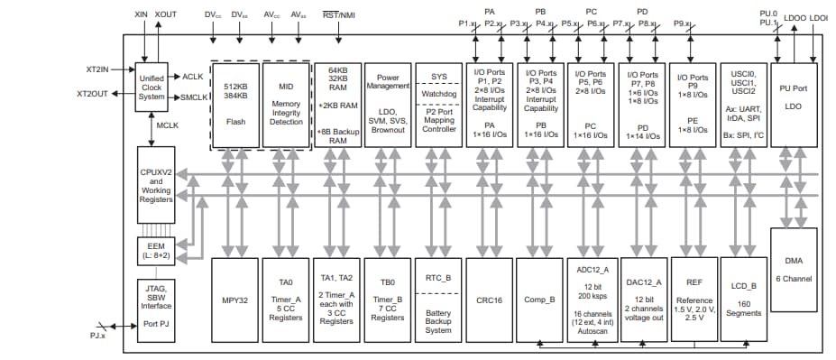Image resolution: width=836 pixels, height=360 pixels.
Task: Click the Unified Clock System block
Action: pyautogui.click(x=152, y=88)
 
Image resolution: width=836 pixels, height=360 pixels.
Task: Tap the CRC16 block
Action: pyautogui.click(x=489, y=299)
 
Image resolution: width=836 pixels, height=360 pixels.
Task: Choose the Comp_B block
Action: pyautogui.click(x=539, y=299)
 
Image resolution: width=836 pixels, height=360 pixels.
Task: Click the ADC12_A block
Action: pyautogui.click(x=592, y=299)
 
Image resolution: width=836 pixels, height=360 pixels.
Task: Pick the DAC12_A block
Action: pyautogui.click(x=643, y=299)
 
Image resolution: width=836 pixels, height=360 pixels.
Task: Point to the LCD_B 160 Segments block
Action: pyautogui.click(x=745, y=299)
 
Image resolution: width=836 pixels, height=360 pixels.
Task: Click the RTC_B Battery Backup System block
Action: pyautogui.click(x=437, y=299)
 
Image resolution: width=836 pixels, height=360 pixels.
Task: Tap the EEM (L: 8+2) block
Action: pyautogui.click(x=152, y=252)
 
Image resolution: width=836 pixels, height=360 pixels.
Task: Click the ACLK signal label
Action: pyautogui.click(x=193, y=77)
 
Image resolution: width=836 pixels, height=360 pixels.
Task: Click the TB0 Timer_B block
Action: pyautogui.click(x=388, y=299)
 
